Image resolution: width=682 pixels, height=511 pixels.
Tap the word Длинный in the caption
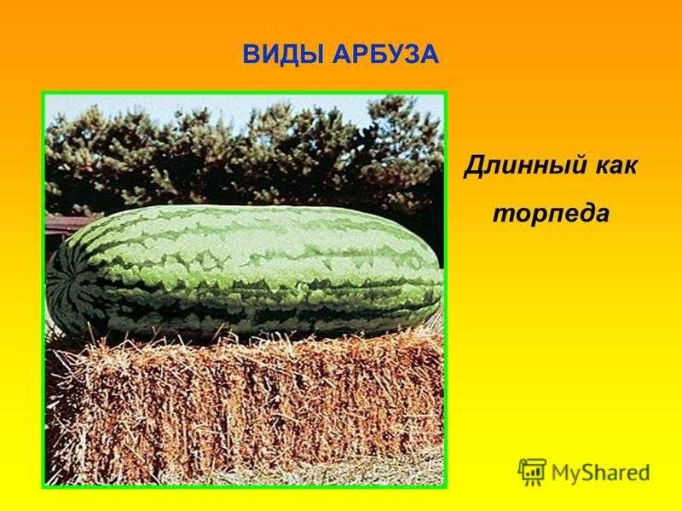click(x=522, y=166)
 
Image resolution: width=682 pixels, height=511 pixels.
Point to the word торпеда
click(x=551, y=214)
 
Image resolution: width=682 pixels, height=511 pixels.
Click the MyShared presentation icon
click(x=532, y=472)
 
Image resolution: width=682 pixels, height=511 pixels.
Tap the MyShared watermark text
click(x=601, y=473)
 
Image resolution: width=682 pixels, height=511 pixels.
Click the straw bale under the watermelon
click(x=245, y=409)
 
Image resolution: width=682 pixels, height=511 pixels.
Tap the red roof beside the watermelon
click(x=63, y=226)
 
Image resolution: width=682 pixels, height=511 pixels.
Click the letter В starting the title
click(x=251, y=55)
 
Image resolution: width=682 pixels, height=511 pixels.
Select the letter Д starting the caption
click(x=473, y=167)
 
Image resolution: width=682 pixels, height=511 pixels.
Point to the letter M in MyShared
click(x=561, y=472)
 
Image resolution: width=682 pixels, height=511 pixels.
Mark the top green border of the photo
click(x=245, y=93)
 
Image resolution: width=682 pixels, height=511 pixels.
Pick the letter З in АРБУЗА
click(x=410, y=55)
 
